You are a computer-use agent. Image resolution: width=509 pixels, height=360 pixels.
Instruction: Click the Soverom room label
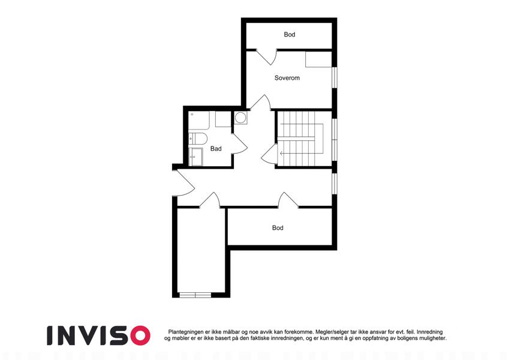coord(287,78)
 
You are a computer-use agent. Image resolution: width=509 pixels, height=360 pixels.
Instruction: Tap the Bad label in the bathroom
coord(216,149)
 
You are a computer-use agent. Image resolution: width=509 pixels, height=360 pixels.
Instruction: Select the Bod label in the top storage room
coord(290,34)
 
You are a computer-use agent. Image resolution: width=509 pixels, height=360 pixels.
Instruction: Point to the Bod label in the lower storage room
coord(278,228)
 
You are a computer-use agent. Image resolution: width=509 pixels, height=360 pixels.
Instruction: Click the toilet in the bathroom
coord(198,139)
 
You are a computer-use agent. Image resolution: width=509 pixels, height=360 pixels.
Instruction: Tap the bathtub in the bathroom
coord(199,121)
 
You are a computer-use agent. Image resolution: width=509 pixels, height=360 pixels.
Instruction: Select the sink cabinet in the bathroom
coord(195,157)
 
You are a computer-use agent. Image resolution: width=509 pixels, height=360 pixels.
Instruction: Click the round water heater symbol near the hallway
coord(240,118)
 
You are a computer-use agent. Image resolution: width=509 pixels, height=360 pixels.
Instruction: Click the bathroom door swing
coord(240,144)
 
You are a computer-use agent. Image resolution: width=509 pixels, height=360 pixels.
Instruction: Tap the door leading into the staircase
coord(269,154)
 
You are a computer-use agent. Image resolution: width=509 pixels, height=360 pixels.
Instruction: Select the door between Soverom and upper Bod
coord(266,57)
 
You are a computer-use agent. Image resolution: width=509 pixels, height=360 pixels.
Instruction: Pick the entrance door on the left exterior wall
coord(183,183)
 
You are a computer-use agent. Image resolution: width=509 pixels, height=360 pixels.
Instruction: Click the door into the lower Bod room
coord(288,200)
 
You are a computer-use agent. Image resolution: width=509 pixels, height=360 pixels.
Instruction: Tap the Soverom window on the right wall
coord(335,77)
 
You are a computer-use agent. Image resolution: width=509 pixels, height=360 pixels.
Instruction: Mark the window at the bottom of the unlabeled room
coord(195,295)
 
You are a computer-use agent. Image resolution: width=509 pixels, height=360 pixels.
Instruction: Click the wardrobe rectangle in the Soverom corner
coord(318,59)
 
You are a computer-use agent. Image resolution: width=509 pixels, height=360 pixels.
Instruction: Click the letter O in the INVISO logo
coord(140,335)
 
